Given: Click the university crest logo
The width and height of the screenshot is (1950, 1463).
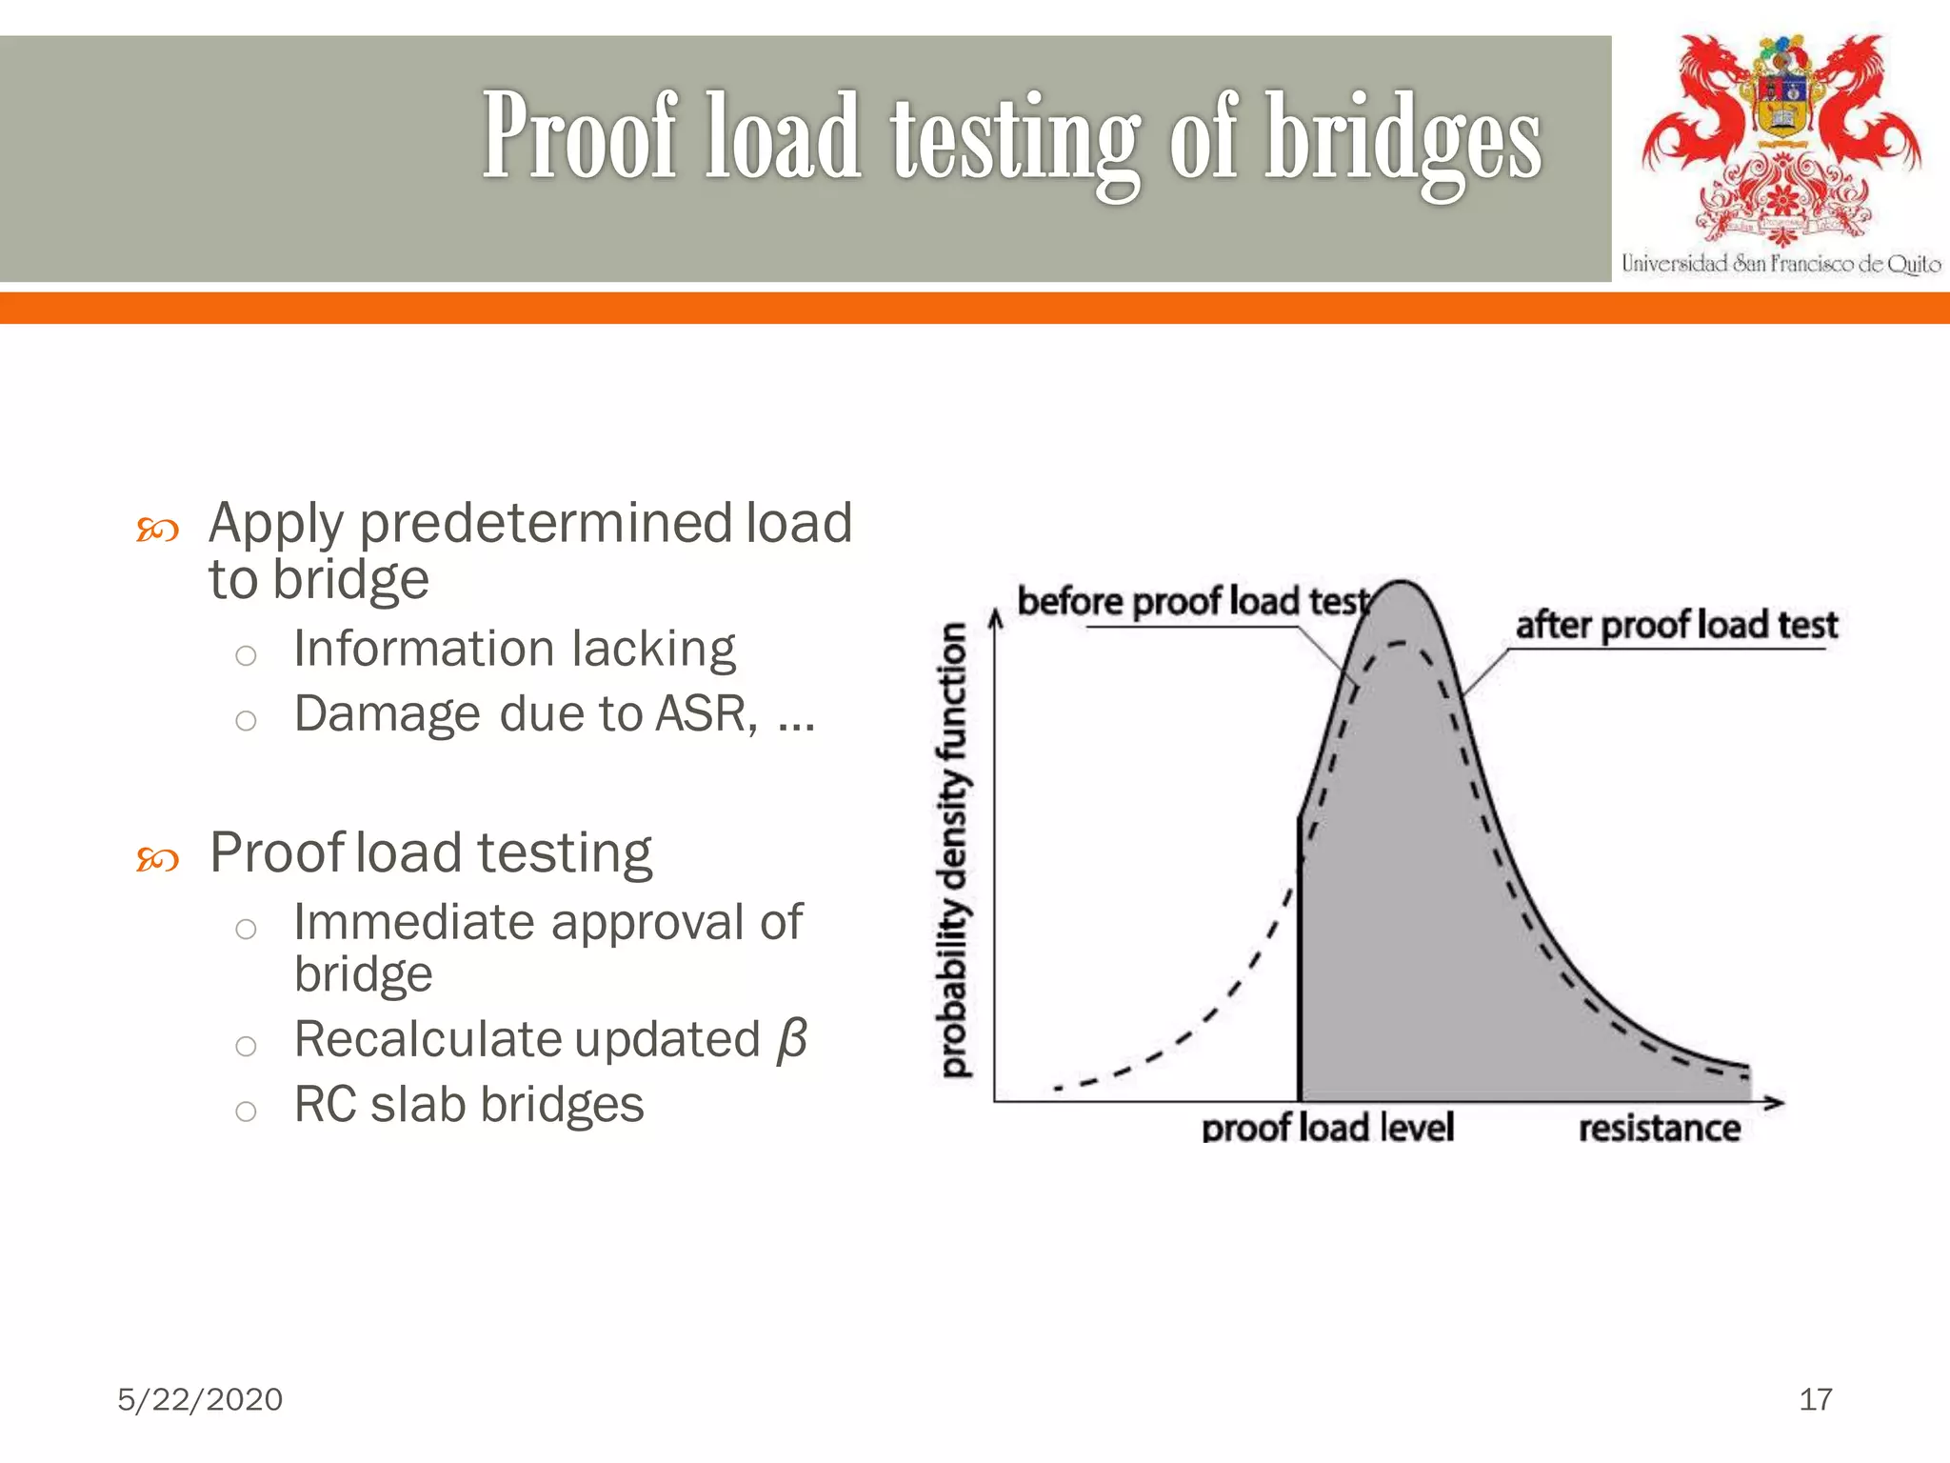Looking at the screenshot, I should [x=1781, y=138].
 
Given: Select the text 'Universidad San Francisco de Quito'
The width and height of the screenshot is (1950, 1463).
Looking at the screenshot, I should [x=1781, y=264].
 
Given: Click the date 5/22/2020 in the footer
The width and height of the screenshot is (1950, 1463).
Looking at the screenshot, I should [x=200, y=1399].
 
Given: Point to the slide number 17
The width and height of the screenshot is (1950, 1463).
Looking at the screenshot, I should [x=1815, y=1399].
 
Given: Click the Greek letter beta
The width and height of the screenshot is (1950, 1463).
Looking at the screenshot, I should [x=791, y=1039].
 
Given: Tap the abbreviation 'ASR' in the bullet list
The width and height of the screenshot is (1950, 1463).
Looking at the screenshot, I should [x=706, y=713].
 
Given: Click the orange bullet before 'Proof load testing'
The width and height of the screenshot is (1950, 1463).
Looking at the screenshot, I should [x=157, y=859].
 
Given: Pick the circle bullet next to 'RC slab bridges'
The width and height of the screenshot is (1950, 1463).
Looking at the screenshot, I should [x=246, y=1111].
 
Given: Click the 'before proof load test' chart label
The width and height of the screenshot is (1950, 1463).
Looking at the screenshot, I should [x=1192, y=602].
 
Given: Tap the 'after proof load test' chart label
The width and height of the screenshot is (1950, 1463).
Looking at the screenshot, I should [x=1676, y=626].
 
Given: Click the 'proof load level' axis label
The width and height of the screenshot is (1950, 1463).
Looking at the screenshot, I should [x=1327, y=1128].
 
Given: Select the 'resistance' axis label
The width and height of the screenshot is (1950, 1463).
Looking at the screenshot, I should [x=1659, y=1129].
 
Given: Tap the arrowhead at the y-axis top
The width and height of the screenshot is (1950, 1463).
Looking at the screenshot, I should [x=995, y=620].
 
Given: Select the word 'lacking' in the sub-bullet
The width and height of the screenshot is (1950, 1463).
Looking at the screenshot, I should [x=653, y=649].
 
